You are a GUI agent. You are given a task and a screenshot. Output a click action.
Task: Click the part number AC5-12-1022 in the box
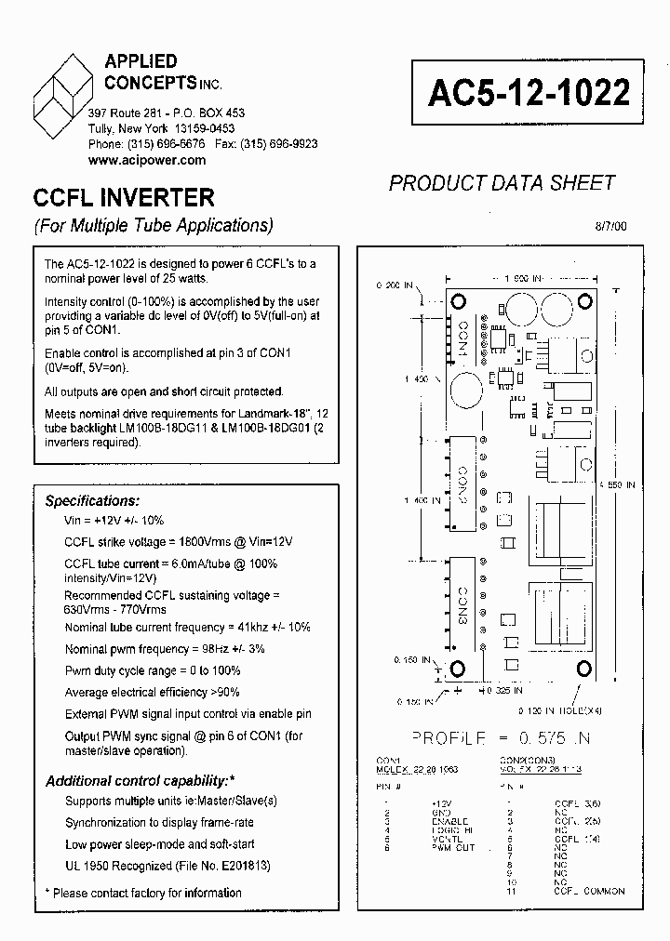529,91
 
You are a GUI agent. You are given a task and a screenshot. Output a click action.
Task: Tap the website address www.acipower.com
147,160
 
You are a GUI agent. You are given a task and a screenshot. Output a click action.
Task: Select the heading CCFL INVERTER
124,197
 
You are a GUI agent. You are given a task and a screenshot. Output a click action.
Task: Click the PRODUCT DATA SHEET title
502,182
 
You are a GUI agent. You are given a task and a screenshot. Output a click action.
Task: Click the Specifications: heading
92,501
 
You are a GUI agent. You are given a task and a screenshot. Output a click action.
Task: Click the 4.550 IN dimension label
617,484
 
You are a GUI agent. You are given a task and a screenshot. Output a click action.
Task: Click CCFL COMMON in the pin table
589,891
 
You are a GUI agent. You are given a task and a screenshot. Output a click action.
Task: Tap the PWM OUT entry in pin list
453,848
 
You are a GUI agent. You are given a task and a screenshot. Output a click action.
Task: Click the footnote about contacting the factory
143,893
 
